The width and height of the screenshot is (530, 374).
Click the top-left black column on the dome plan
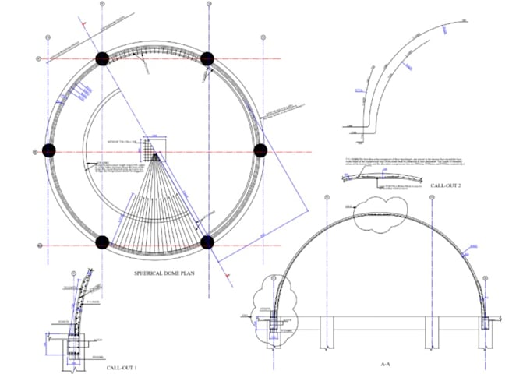[x=101, y=58]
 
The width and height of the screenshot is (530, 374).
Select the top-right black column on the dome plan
[x=207, y=58]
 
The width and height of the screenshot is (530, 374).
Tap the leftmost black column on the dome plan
[x=49, y=150]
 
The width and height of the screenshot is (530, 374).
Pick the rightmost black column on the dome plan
[x=261, y=150]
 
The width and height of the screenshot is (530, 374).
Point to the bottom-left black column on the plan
[x=102, y=242]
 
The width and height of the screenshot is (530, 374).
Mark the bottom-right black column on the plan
[x=207, y=242]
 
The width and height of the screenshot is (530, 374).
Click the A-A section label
[x=384, y=364]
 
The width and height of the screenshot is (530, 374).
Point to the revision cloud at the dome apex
[x=383, y=213]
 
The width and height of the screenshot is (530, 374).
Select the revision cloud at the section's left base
[x=276, y=308]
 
